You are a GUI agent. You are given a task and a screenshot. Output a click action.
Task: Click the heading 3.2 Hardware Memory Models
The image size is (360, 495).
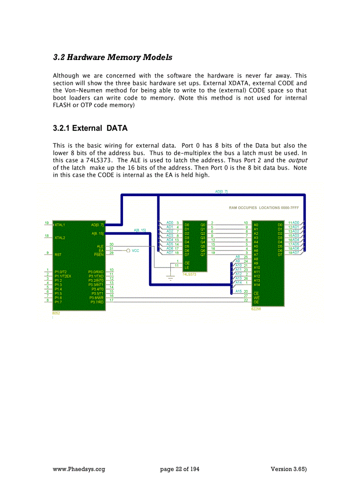pos(112,57)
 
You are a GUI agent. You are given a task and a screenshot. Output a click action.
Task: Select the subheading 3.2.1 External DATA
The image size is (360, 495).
pos(90,128)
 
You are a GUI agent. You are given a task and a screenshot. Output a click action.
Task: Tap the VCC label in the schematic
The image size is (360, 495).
pos(135,250)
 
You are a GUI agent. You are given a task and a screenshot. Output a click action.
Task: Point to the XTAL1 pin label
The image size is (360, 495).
pos(60,225)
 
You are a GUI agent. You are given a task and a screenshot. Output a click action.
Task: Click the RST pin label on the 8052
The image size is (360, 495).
pos(58,254)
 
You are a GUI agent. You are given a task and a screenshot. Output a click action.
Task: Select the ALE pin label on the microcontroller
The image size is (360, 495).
pos(100,246)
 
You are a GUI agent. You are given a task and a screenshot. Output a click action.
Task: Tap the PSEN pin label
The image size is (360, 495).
pos(99,254)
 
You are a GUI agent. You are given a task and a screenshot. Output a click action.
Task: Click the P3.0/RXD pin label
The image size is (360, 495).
pos(96,272)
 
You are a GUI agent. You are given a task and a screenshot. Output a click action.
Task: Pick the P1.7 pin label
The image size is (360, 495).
pos(58,302)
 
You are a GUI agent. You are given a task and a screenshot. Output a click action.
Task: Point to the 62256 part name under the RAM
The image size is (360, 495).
pos(256,309)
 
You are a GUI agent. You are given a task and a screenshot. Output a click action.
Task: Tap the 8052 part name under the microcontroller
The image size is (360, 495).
pos(56,313)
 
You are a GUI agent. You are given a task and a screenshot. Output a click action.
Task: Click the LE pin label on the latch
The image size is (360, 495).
pos(186,267)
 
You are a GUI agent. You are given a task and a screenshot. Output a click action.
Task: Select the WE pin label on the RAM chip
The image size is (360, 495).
pos(256,298)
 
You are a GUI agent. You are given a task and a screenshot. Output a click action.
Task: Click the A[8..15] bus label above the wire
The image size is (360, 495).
pos(140,230)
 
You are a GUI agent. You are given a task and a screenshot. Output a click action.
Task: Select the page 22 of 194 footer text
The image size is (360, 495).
pos(180,469)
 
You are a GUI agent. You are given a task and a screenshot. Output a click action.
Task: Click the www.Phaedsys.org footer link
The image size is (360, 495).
pos(79,469)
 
